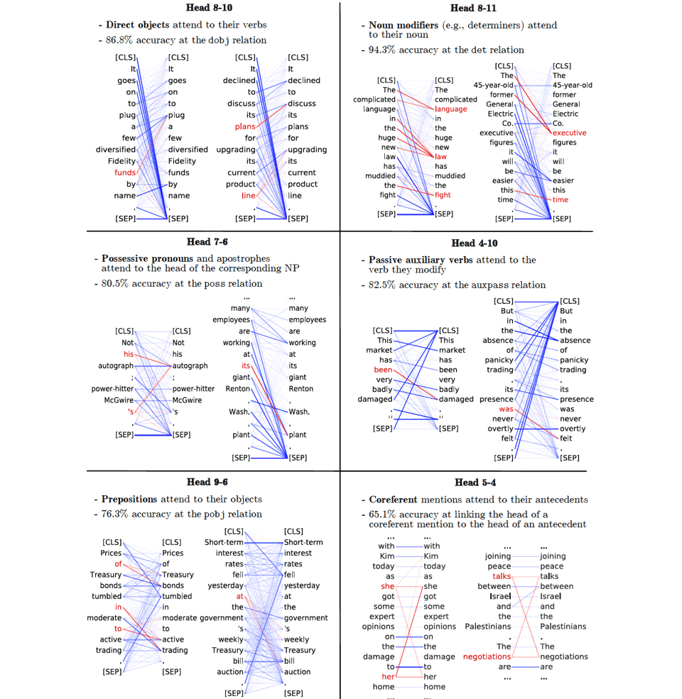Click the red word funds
[125, 172]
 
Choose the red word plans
[244, 126]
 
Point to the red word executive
[569, 133]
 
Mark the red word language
[451, 109]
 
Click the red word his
[128, 354]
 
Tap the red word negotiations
[487, 656]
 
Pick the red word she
[387, 586]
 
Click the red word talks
[502, 576]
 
